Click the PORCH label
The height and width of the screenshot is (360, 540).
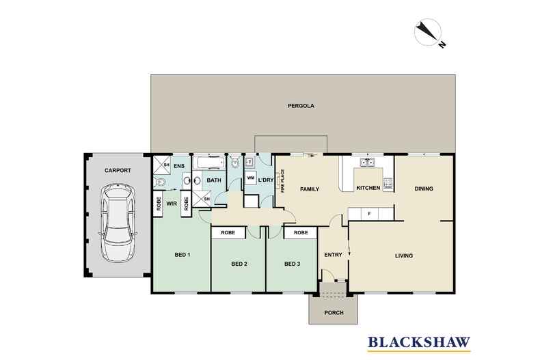click(x=334, y=313)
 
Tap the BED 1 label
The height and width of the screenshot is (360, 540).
click(x=182, y=255)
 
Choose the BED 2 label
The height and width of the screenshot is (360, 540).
click(x=238, y=264)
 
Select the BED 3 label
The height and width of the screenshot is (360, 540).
click(x=292, y=264)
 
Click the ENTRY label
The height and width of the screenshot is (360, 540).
click(x=333, y=255)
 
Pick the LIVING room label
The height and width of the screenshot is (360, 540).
click(x=404, y=256)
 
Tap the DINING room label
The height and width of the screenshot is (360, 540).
click(x=424, y=189)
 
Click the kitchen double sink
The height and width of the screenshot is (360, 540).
click(x=367, y=163)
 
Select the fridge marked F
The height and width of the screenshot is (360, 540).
click(x=369, y=214)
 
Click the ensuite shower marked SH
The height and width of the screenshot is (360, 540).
click(x=161, y=165)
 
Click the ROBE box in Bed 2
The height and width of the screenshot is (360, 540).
click(x=229, y=233)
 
